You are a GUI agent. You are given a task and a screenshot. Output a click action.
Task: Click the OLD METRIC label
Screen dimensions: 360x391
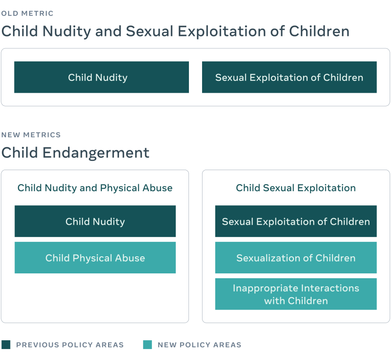(27, 14)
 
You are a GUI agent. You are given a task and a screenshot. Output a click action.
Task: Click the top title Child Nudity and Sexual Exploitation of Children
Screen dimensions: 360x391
(175, 31)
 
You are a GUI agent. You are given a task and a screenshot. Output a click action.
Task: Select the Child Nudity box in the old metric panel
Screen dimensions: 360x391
(101, 77)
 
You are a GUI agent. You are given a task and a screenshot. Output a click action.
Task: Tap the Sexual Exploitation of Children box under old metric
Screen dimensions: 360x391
(289, 77)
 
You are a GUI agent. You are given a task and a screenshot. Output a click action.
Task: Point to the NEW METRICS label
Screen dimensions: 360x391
(31, 135)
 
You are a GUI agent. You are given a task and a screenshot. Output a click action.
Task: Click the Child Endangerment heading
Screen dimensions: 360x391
(75, 153)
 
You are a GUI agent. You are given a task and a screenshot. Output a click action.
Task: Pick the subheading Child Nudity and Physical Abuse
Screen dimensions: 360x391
(95, 188)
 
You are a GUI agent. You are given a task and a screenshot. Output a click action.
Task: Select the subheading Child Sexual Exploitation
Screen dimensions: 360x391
(296, 188)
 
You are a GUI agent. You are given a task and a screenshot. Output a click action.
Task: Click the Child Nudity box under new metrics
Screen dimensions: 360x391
(95, 222)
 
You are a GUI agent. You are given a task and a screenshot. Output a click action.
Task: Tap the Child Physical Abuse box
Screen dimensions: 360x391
(95, 258)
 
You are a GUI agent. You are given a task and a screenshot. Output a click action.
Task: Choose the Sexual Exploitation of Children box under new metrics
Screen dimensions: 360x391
(296, 222)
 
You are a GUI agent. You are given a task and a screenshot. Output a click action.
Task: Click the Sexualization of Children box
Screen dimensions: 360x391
(296, 258)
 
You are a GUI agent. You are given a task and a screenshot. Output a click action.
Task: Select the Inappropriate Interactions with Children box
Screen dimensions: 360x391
(296, 294)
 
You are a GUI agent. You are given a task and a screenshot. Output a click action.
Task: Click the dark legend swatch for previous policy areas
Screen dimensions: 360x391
(6, 345)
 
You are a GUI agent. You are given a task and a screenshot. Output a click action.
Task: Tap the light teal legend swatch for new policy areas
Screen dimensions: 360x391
(147, 345)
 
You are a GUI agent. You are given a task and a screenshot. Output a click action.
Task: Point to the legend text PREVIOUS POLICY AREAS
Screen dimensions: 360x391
(70, 345)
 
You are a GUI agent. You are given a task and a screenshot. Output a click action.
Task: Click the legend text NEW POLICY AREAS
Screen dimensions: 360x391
(199, 345)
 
